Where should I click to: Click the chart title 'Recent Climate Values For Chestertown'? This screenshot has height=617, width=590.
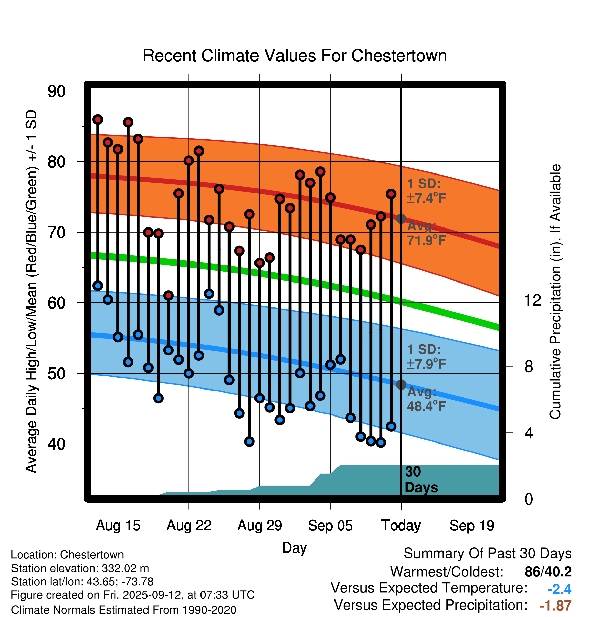tap(295, 56)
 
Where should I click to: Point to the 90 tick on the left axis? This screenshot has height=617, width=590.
tap(57, 91)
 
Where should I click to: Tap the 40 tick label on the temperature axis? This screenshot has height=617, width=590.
tap(57, 444)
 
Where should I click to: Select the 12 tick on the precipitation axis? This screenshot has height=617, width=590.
tap(532, 300)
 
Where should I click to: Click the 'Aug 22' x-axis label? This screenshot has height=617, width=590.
tap(189, 526)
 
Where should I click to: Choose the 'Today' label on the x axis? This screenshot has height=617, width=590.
tap(401, 526)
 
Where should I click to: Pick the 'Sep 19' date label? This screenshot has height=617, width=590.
tap(472, 526)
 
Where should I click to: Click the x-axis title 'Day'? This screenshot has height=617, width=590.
tap(294, 548)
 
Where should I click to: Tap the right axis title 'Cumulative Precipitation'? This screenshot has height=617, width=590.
tap(555, 292)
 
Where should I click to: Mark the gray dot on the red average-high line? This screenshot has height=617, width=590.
tap(401, 219)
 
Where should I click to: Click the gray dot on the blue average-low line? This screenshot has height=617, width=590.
tap(401, 384)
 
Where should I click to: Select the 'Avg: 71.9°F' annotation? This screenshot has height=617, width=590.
tap(426, 233)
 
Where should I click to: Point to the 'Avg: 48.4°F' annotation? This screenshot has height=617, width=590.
tap(426, 399)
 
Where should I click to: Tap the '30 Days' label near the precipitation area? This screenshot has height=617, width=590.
tap(421, 480)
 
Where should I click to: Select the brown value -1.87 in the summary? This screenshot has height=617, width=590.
tap(555, 606)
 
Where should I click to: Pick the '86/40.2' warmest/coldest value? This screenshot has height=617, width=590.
tap(548, 572)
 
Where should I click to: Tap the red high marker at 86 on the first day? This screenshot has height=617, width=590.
tap(98, 119)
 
